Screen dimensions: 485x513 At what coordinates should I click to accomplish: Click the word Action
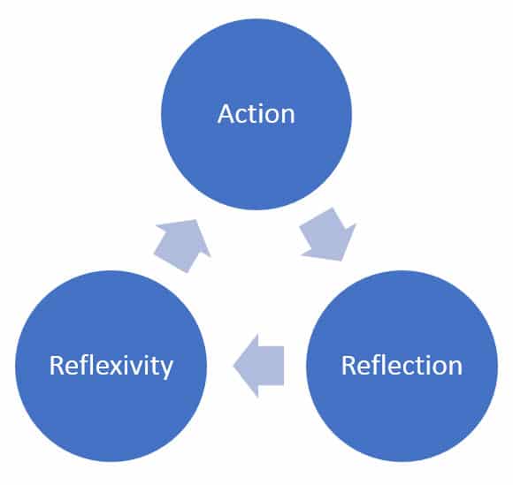point(256,115)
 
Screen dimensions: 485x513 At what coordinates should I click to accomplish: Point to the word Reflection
point(402,365)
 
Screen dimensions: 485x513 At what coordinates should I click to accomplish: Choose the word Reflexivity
point(111,365)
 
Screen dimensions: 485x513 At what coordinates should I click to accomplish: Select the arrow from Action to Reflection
point(328,235)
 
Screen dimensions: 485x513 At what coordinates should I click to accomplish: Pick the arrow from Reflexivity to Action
point(183,246)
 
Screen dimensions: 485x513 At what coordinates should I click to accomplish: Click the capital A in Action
point(226,115)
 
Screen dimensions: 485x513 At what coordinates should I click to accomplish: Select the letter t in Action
point(253,115)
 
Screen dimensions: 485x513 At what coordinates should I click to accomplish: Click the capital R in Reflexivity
point(57,365)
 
